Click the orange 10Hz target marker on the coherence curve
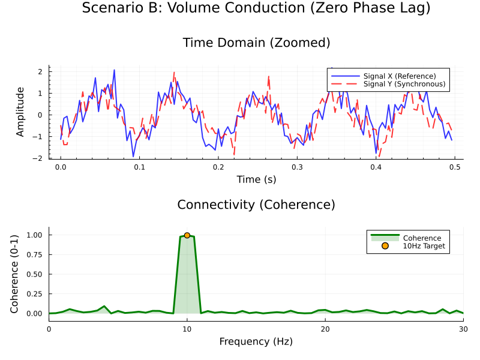click(187, 235)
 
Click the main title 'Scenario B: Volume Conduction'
click(256, 8)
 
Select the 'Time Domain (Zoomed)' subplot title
click(256, 43)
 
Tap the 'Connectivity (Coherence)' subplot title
click(256, 205)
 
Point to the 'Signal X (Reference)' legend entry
click(399, 76)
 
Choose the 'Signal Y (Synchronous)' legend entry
click(404, 84)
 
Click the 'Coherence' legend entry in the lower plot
click(422, 238)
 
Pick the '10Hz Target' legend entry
click(425, 246)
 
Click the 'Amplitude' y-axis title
click(20, 112)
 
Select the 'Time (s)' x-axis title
click(256, 179)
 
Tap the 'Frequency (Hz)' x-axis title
click(256, 341)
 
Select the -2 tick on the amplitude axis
click(39, 158)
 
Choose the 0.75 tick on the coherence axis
click(34, 254)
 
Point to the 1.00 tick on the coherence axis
click(34, 235)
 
